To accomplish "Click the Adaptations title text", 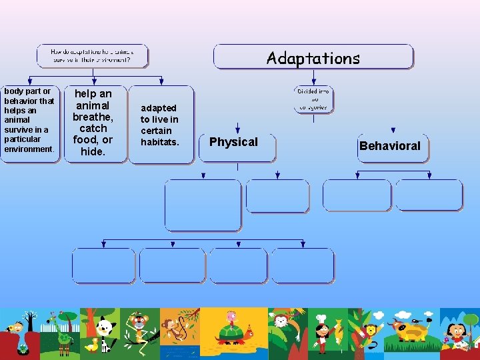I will click(x=313, y=58).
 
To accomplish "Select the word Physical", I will click(x=233, y=141).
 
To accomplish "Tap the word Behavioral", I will click(x=389, y=145).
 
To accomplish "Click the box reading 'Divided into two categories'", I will click(x=313, y=99).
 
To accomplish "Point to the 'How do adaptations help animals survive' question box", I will click(x=92, y=55).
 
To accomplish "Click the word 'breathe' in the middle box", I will click(x=93, y=117).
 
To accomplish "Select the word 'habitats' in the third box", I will click(x=159, y=142).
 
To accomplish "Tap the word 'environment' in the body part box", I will click(x=29, y=149).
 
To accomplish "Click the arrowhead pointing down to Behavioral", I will click(x=393, y=131).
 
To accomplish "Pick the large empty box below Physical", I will click(x=203, y=205).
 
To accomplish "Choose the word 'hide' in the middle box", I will click(x=92, y=151).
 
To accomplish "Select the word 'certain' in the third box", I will click(x=156, y=131).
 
